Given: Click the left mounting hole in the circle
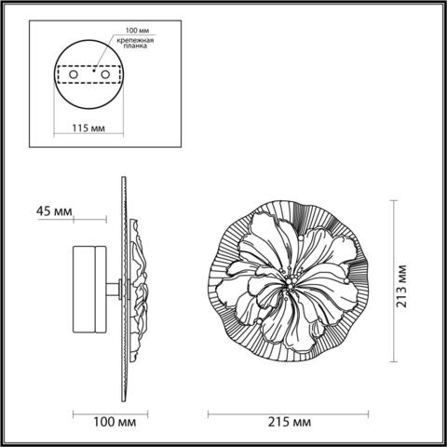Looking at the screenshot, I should tap(66, 74).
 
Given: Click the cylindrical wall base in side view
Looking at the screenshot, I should tap(91, 290).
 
